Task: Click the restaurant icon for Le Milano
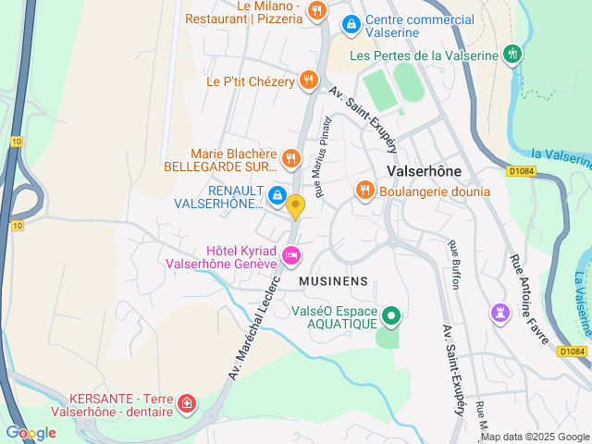click(x=317, y=11)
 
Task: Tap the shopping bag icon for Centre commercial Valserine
click(x=350, y=23)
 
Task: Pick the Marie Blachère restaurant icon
click(x=290, y=158)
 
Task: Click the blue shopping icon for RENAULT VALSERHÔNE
click(x=277, y=195)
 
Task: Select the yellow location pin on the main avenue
click(x=296, y=206)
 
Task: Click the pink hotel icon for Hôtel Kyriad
click(x=291, y=254)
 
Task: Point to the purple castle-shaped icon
click(x=500, y=314)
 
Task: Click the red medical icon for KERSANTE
click(x=187, y=403)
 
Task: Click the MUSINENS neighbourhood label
click(x=334, y=280)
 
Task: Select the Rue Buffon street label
click(x=454, y=265)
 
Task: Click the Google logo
click(x=31, y=432)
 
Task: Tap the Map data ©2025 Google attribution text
click(x=534, y=437)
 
